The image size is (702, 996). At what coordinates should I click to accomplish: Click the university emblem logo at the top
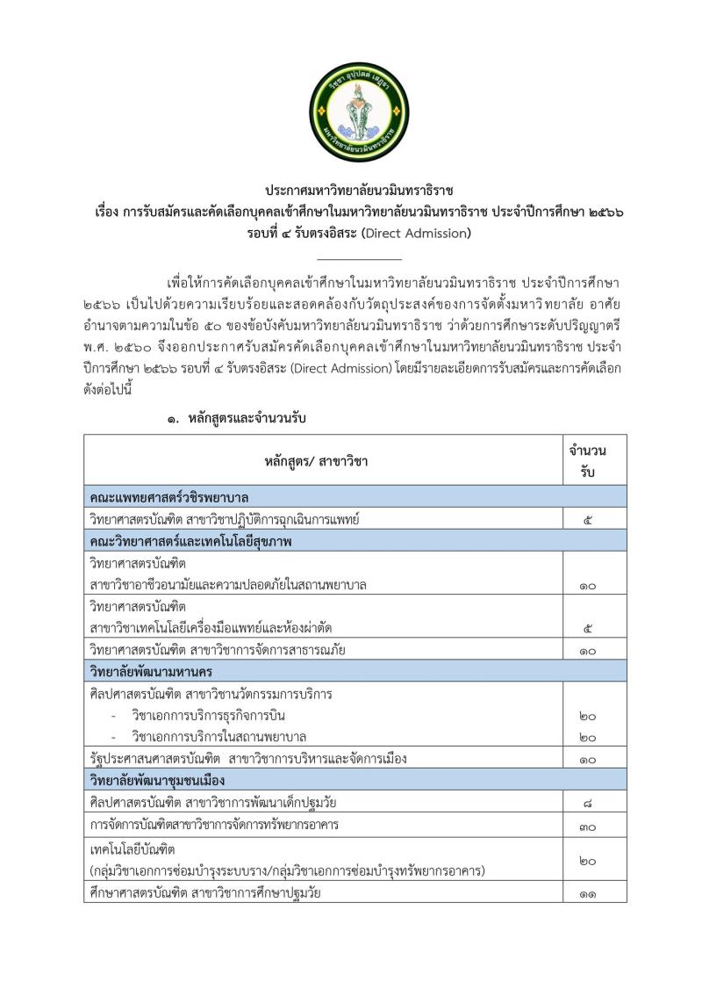[360, 112]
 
